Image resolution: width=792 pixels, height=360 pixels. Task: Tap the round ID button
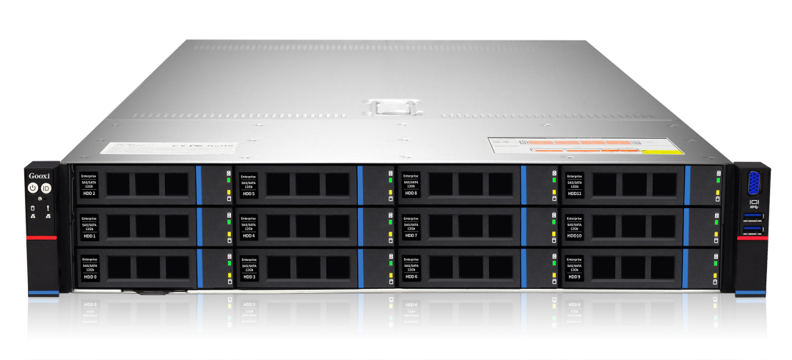tap(46, 188)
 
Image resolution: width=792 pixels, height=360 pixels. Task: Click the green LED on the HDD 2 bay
tap(228, 180)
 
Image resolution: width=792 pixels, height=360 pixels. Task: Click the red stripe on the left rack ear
tap(42, 238)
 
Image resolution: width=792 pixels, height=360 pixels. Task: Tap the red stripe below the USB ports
tap(753, 238)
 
